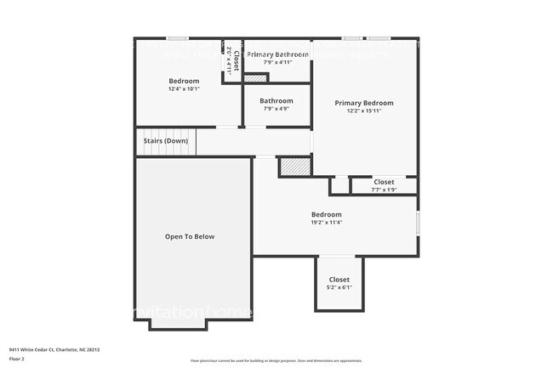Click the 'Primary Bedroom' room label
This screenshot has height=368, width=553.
click(x=364, y=102)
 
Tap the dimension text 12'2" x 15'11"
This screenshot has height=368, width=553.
click(x=364, y=110)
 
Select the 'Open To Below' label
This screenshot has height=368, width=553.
click(x=190, y=236)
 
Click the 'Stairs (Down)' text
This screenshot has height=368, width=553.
click(x=165, y=141)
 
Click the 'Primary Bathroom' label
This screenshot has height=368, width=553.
click(x=277, y=54)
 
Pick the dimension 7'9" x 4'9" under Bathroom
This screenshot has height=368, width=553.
click(x=276, y=108)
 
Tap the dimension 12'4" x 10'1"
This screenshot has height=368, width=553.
click(x=184, y=88)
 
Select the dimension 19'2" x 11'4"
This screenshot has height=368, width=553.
click(x=327, y=223)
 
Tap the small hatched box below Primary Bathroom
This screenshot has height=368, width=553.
click(x=254, y=79)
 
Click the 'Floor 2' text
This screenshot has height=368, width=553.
click(x=17, y=358)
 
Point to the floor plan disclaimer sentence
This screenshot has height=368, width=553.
click(x=276, y=360)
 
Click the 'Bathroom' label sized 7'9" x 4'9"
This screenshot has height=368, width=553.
click(x=276, y=100)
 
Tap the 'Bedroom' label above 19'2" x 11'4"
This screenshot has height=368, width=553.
click(x=327, y=214)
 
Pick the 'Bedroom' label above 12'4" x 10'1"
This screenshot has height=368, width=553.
click(x=184, y=81)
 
